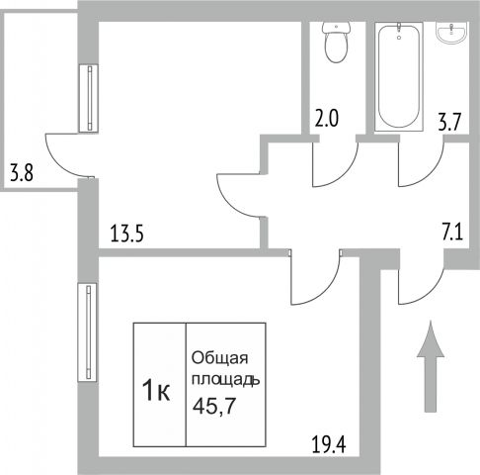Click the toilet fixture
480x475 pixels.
point(336,42)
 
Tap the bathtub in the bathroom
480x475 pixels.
point(399,76)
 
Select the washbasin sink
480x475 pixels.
point(451,33)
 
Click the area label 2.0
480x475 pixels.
point(326,119)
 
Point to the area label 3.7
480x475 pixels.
point(450,122)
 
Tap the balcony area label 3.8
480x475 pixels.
point(22,173)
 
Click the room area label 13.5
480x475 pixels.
point(127,234)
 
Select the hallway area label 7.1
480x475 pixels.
point(452,233)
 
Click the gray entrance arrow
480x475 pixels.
point(431,366)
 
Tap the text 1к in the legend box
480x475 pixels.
point(156,390)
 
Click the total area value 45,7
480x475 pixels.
point(214,406)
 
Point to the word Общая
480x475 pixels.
point(219,358)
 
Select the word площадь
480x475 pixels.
point(226,380)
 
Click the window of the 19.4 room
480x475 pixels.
point(87,332)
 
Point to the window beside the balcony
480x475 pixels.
point(89,98)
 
